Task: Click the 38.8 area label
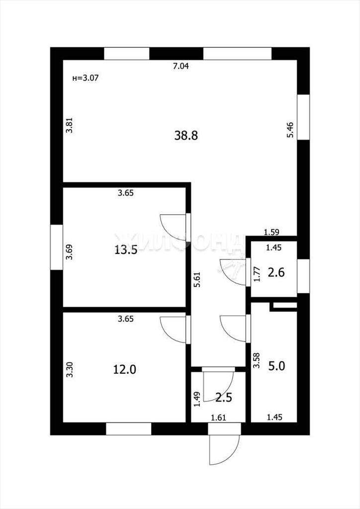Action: pyautogui.click(x=186, y=135)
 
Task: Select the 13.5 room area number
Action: pyautogui.click(x=126, y=250)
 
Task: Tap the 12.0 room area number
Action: pyautogui.click(x=125, y=369)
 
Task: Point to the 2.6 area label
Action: pyautogui.click(x=276, y=272)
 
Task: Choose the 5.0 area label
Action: pyautogui.click(x=276, y=366)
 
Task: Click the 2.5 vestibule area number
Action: pyautogui.click(x=224, y=397)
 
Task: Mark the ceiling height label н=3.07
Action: pyautogui.click(x=85, y=78)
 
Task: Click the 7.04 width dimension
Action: pyautogui.click(x=181, y=67)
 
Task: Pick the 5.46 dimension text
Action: pyautogui.click(x=290, y=130)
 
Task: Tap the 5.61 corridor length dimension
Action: pyautogui.click(x=197, y=279)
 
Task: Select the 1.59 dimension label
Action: pyautogui.click(x=271, y=232)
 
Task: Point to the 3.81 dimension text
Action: pyautogui.click(x=70, y=125)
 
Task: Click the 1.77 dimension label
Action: pyautogui.click(x=257, y=274)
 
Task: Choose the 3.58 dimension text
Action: pyautogui.click(x=257, y=360)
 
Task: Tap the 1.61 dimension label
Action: pyautogui.click(x=218, y=418)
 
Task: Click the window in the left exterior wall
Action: pyautogui.click(x=57, y=247)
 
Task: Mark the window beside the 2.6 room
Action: pyautogui.click(x=303, y=276)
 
